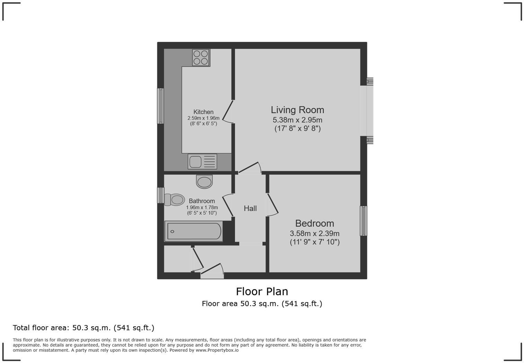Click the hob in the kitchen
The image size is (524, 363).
point(201,57)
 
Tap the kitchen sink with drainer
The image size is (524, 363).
point(202,161)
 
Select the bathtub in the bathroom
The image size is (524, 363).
point(194,231)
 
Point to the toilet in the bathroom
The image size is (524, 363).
point(174,200)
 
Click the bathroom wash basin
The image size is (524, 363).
point(204,181)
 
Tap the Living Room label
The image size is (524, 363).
point(297,110)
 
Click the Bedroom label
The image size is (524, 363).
point(314,223)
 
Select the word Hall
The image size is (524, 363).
point(250,208)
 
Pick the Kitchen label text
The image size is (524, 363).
point(203,112)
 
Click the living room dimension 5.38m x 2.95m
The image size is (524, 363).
point(297,120)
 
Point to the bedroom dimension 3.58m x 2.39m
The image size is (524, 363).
point(314,233)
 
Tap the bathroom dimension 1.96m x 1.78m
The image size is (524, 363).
point(202,207)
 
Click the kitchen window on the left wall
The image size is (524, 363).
point(160,106)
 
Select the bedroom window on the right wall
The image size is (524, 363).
point(363,221)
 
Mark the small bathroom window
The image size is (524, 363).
point(160,195)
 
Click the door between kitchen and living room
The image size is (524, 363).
point(227,111)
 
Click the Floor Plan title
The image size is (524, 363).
point(262,291)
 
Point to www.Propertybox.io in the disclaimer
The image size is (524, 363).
point(217,350)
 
